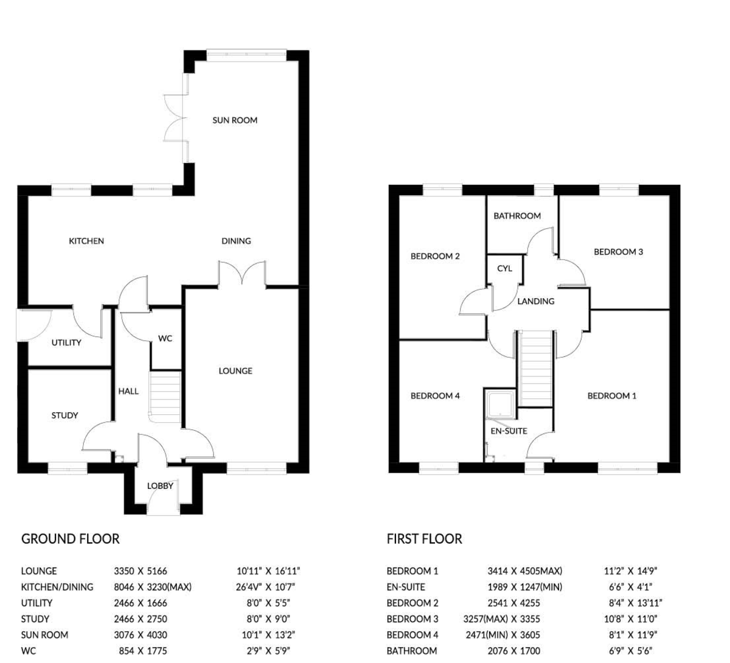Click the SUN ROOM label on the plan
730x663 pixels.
(235, 120)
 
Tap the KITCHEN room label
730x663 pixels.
(86, 241)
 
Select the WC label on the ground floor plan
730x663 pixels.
(165, 338)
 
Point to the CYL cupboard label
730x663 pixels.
(505, 269)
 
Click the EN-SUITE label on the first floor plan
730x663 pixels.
(509, 431)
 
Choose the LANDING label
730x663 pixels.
(536, 301)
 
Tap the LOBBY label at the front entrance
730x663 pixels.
(160, 486)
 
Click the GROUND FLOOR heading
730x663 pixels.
(70, 539)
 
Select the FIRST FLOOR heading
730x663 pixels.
(425, 539)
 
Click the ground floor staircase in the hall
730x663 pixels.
(165, 397)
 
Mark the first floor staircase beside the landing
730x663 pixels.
(536, 369)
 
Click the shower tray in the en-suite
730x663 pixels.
(501, 403)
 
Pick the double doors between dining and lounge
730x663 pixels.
(242, 275)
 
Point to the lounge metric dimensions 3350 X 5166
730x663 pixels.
(141, 571)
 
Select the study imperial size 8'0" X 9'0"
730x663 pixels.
(268, 619)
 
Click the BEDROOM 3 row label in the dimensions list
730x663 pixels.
(412, 619)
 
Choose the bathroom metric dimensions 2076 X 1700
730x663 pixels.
(514, 651)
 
